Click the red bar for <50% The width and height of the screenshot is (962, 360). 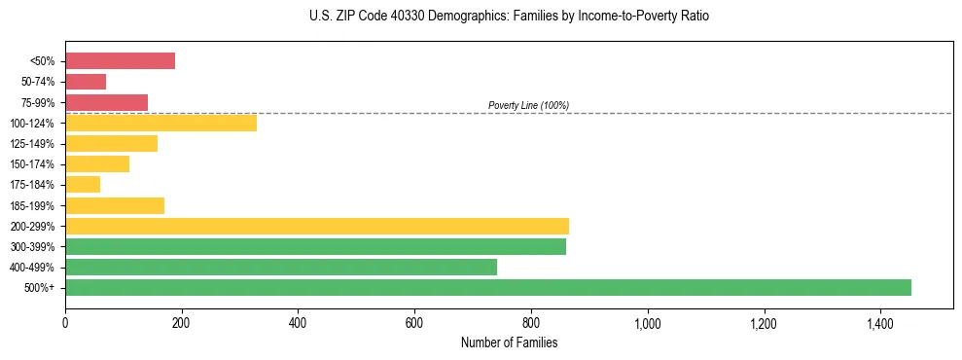coord(120,61)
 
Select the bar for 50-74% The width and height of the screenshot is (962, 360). coord(86,82)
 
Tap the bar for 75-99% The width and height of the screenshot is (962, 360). coord(106,102)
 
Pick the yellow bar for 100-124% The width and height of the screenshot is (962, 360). coord(160,123)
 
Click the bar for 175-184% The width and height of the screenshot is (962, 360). coord(83,185)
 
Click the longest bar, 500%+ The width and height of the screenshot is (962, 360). coord(487,287)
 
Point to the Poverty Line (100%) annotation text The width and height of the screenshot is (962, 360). coord(528,105)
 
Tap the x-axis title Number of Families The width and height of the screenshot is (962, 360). coord(510,342)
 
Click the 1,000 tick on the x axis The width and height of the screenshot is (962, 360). coord(647,323)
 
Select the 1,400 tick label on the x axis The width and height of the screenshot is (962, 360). coord(879,323)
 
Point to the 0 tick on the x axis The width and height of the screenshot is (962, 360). coord(65,323)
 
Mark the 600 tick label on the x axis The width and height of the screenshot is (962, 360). coord(414,323)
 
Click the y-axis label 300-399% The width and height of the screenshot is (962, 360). coord(34,247)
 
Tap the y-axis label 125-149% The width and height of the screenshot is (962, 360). coord(34,144)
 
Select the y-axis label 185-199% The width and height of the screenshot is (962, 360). coord(34,206)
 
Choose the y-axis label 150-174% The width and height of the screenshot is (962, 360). coord(34,164)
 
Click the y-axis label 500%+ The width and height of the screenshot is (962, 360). coord(40,288)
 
